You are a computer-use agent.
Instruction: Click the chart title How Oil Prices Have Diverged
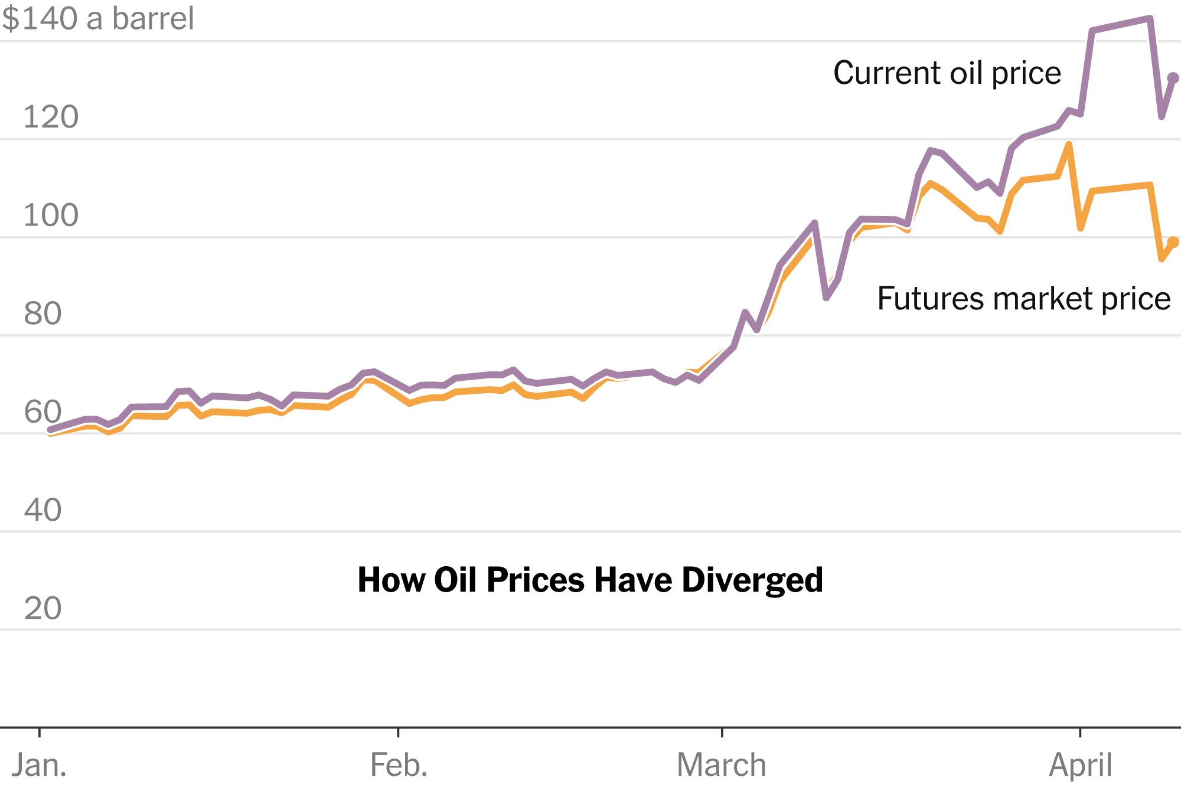pyautogui.click(x=590, y=580)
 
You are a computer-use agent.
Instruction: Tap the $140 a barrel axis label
pyautogui.click(x=98, y=19)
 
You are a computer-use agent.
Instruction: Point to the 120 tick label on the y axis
pyautogui.click(x=51, y=117)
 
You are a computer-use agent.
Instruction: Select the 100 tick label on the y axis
pyautogui.click(x=51, y=215)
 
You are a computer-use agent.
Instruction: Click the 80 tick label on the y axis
pyautogui.click(x=43, y=314)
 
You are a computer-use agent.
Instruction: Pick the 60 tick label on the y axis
pyautogui.click(x=43, y=412)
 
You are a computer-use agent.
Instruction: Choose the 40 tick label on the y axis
pyautogui.click(x=43, y=510)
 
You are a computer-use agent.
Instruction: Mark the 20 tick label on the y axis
pyautogui.click(x=43, y=608)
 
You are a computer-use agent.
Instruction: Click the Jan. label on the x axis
pyautogui.click(x=39, y=765)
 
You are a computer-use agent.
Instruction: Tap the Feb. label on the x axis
pyautogui.click(x=399, y=765)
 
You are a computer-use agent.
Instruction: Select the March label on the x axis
pyautogui.click(x=722, y=765)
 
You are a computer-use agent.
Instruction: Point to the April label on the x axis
pyautogui.click(x=1080, y=765)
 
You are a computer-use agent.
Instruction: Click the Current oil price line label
pyautogui.click(x=947, y=73)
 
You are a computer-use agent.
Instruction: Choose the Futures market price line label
pyautogui.click(x=1024, y=299)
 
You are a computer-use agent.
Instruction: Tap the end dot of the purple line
pyautogui.click(x=1173, y=78)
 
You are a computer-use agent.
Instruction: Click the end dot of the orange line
pyautogui.click(x=1173, y=242)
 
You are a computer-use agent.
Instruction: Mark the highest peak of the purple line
pyautogui.click(x=1150, y=19)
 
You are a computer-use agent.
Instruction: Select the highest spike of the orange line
pyautogui.click(x=1069, y=145)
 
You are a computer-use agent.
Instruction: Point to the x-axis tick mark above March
pyautogui.click(x=722, y=733)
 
